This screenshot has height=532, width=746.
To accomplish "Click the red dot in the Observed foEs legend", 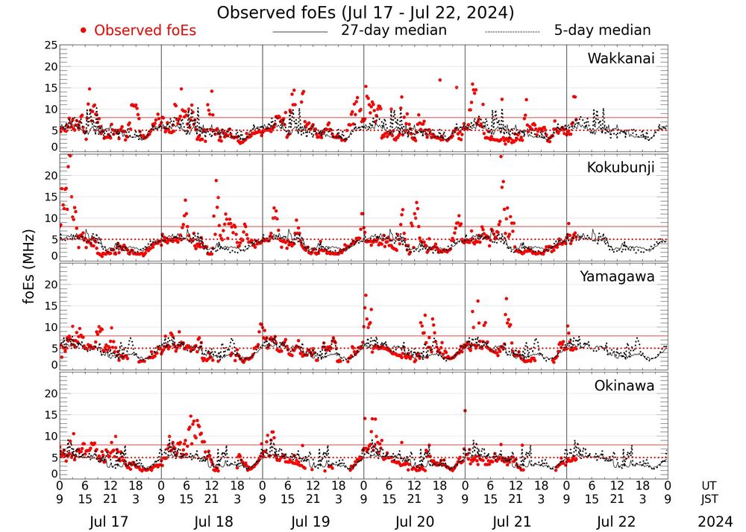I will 84,31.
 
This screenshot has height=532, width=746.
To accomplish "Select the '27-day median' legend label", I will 393,31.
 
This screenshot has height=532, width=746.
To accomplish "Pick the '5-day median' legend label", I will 602,31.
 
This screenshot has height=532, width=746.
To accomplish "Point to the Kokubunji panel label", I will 620,167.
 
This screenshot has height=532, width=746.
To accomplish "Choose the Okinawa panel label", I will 624,385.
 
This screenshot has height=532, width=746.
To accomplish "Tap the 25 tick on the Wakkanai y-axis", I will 50,45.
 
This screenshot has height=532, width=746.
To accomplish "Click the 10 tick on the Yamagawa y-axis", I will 50,326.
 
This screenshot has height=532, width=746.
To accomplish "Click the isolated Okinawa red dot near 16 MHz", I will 465,411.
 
